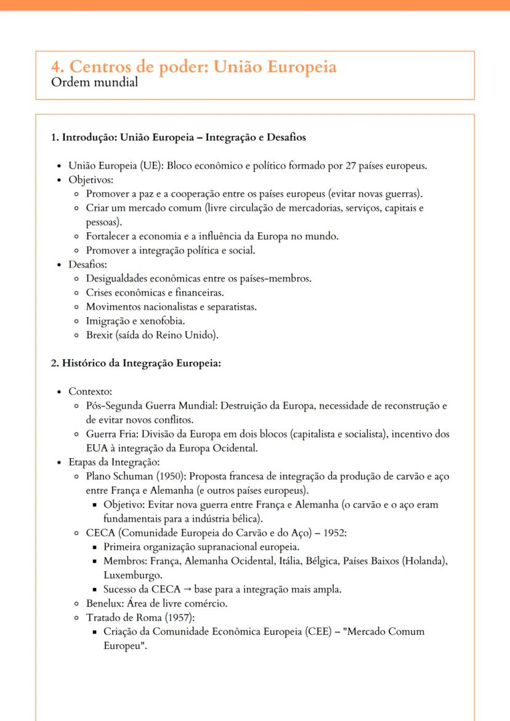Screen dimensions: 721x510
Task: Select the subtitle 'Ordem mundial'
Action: (x=94, y=82)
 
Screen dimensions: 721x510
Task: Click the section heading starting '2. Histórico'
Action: (x=136, y=363)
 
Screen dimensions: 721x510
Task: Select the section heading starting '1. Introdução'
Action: (x=178, y=137)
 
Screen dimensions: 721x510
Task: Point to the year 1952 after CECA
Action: (x=335, y=533)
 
